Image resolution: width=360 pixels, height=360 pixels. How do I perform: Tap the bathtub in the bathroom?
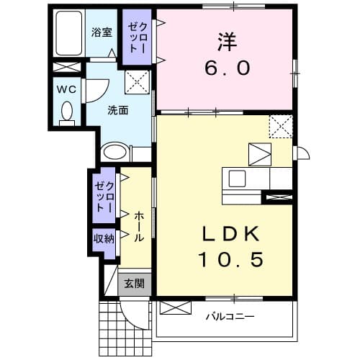click(x=69, y=35)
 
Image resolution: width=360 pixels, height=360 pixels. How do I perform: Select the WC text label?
click(x=66, y=89)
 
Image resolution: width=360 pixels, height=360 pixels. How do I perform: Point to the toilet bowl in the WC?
click(x=67, y=112)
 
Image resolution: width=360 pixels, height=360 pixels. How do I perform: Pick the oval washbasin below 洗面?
click(x=114, y=152)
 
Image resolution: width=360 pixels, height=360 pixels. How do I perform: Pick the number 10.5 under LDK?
click(x=223, y=258)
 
